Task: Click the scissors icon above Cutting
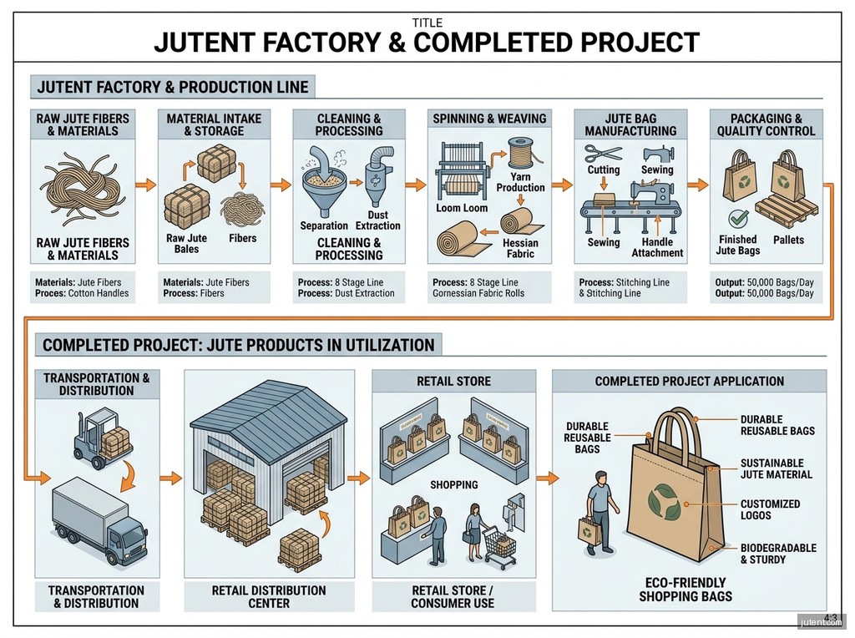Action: (603, 153)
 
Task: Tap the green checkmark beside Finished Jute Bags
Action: (738, 219)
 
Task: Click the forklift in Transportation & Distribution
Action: (104, 434)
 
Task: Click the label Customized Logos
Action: (770, 509)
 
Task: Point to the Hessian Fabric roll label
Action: (521, 248)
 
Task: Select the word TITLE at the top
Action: (427, 23)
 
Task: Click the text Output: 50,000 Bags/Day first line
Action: (764, 282)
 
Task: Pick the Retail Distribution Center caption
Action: (269, 596)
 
